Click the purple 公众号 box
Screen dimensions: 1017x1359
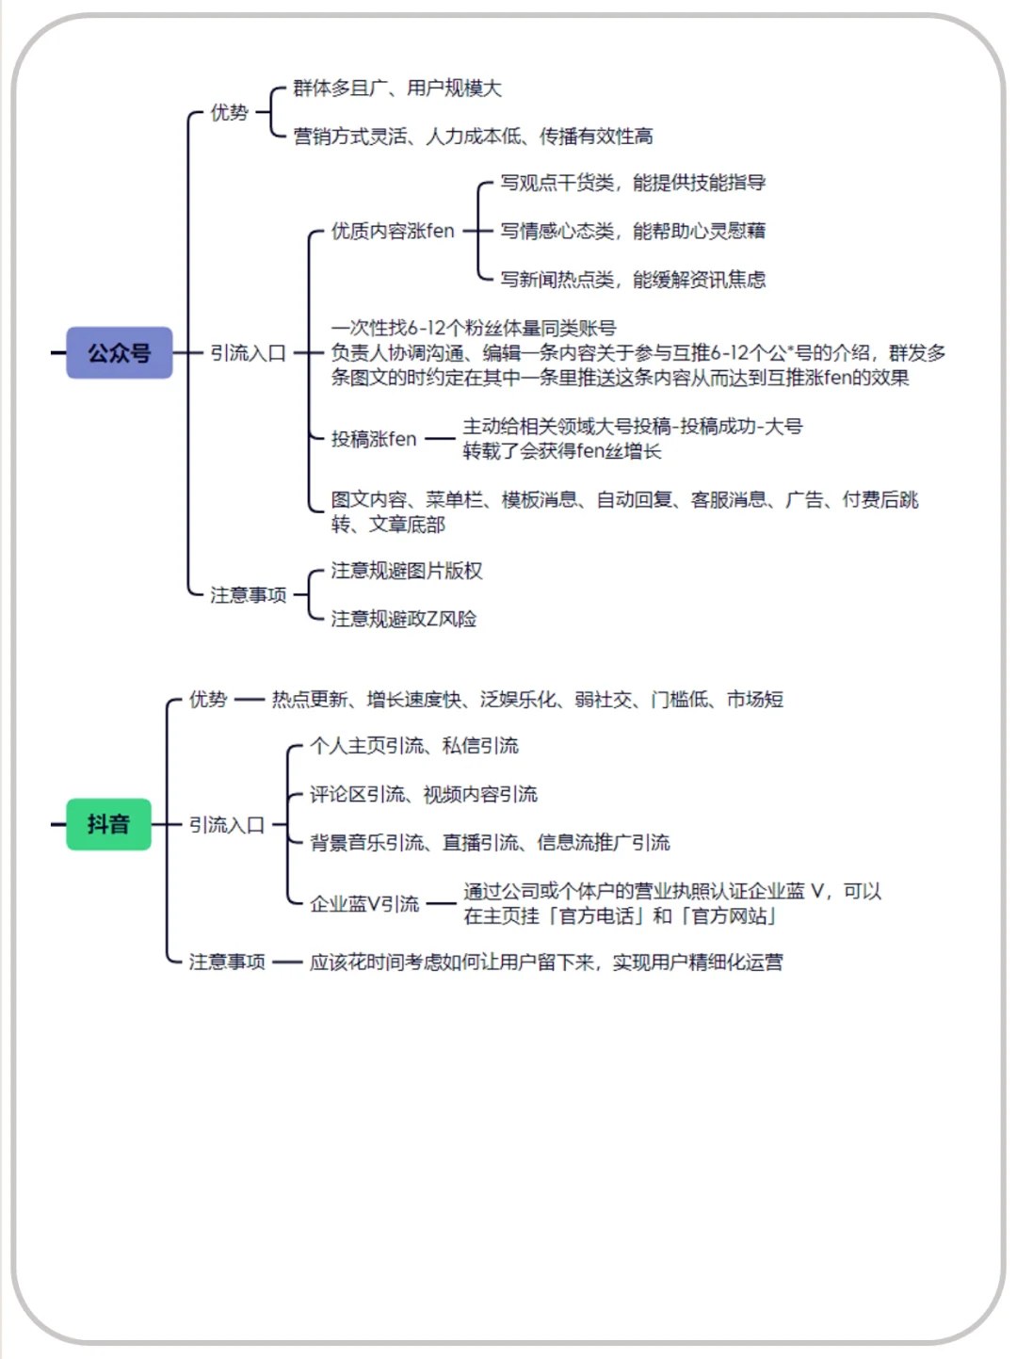[x=120, y=353]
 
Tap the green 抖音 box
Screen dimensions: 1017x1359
[x=108, y=824]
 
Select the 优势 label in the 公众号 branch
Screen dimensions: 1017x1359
[x=229, y=113]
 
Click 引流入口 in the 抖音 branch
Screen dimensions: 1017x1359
[x=227, y=825]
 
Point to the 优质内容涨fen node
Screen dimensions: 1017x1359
[x=393, y=232]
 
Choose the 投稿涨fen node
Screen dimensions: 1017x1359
[x=374, y=439]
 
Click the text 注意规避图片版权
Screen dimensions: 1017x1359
[x=407, y=571]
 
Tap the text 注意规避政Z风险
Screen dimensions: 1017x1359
[x=404, y=619]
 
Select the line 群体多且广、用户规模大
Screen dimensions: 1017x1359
[x=397, y=89]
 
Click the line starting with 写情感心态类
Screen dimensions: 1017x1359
[x=633, y=232]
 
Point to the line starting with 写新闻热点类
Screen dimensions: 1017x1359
[x=633, y=280]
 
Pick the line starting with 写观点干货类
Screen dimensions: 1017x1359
[x=633, y=183]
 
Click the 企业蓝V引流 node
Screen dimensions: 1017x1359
[x=365, y=904]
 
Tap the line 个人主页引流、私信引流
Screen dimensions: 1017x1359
[x=414, y=746]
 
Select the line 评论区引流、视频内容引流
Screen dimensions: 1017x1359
[x=424, y=795]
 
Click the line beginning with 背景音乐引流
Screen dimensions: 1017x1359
[x=490, y=843]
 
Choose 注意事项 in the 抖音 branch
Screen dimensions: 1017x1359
[x=227, y=962]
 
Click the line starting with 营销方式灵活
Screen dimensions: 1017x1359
[x=473, y=137]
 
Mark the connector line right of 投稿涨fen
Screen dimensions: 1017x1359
[x=440, y=439]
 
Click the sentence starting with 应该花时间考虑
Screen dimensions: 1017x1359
[x=546, y=962]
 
